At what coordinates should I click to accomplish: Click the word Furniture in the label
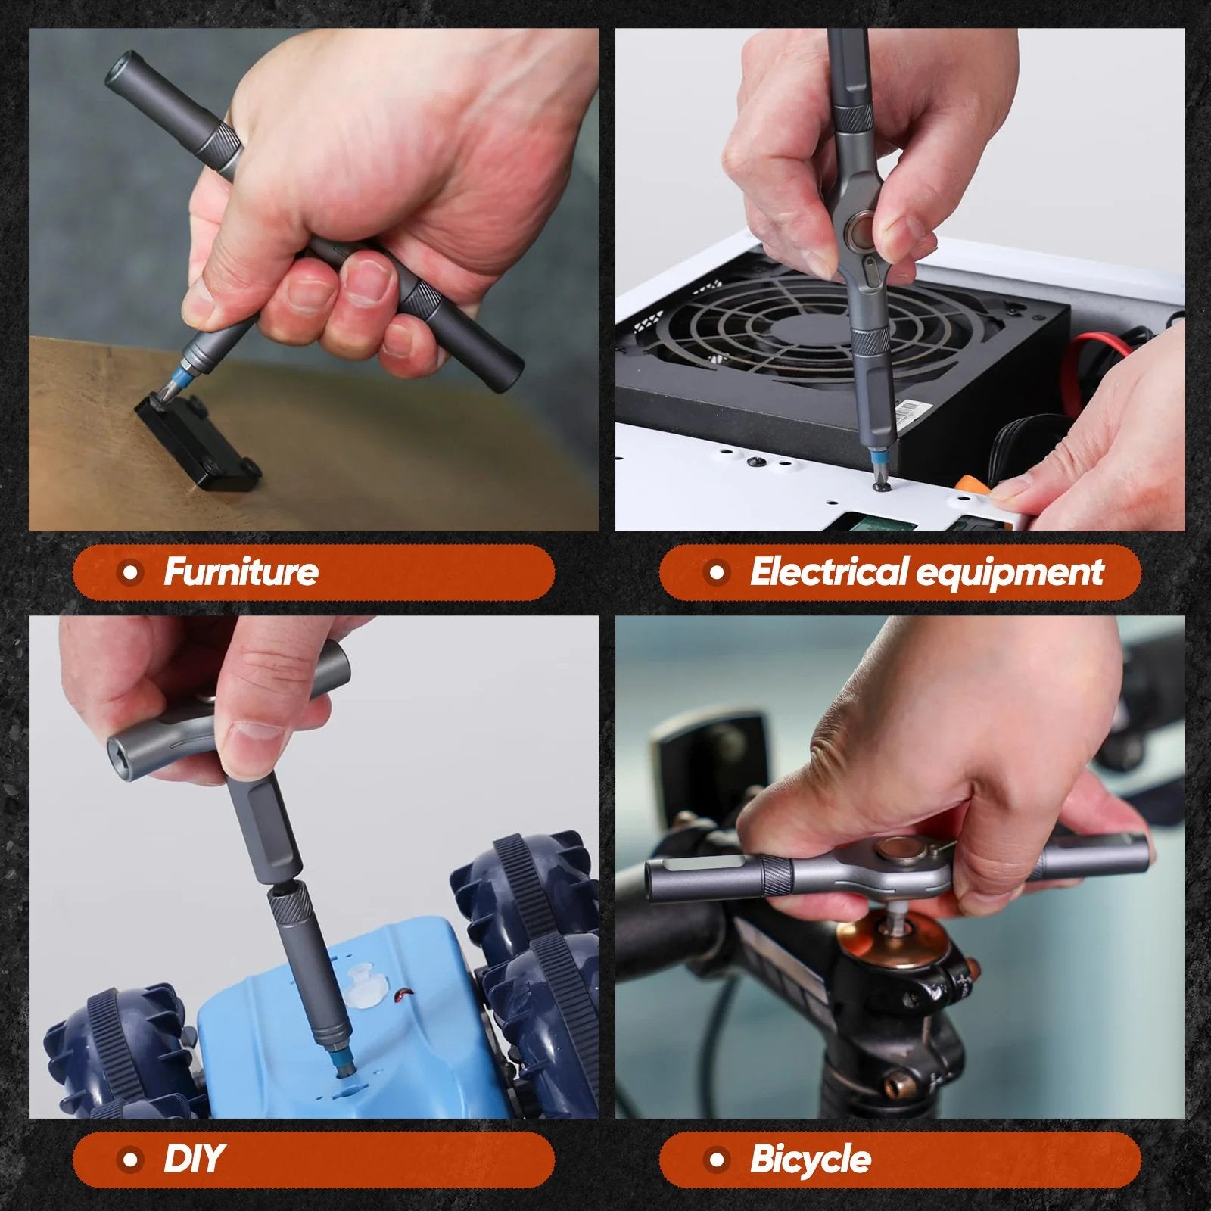[x=241, y=571]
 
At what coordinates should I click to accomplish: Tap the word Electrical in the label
[x=829, y=571]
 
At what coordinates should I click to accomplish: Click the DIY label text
[x=193, y=1159]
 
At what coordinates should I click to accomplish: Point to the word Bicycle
[x=810, y=1159]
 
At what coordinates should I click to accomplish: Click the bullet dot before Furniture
[x=131, y=572]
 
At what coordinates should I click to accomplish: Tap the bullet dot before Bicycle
[x=717, y=1159]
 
